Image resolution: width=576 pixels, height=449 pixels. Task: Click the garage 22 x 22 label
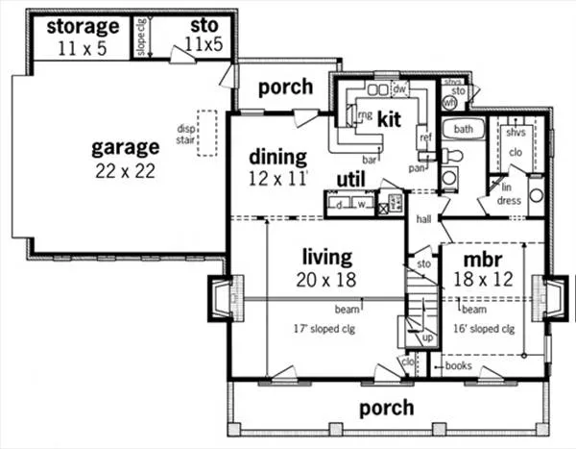pos(125,160)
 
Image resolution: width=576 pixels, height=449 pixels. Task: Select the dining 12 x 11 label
pos(277,166)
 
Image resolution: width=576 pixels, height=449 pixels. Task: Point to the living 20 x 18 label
pos(327,268)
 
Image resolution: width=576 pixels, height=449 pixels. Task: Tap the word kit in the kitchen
pos(389,120)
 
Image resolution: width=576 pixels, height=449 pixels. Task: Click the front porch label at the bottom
pos(386,408)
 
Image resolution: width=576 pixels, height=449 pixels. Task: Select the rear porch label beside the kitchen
pos(285,87)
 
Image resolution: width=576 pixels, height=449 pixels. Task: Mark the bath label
pos(465,129)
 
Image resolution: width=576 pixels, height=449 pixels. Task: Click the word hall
pos(423,220)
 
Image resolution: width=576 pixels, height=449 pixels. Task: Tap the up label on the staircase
pos(428,338)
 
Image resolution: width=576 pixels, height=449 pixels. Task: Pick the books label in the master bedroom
pos(458,366)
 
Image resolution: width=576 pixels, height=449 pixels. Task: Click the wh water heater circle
pos(449,98)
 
